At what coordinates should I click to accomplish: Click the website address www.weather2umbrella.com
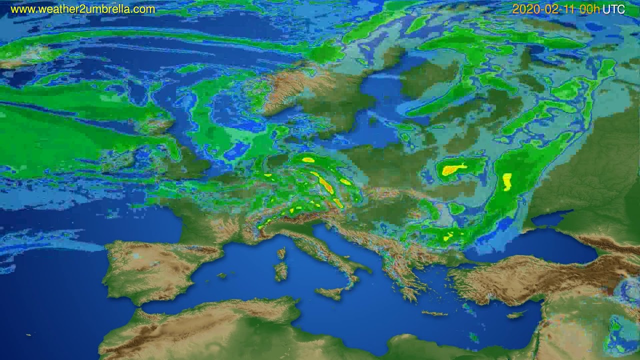coord(83,9)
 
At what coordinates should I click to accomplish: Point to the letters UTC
coord(613,9)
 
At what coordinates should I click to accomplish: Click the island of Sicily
coord(330,292)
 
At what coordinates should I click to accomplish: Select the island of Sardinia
coord(281,271)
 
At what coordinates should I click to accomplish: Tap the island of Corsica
coord(281,252)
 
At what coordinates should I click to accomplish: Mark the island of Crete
coord(434,313)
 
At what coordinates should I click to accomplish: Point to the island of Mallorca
coord(221,275)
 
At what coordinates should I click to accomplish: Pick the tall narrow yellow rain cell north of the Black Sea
coord(507,181)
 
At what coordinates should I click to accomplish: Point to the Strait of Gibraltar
coord(131,306)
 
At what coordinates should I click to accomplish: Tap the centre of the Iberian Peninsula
coord(150,270)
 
